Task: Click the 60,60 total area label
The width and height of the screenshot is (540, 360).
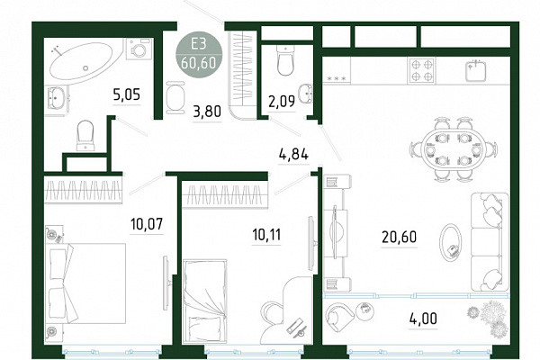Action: [x=199, y=63]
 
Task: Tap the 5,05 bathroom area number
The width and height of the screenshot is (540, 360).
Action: [x=127, y=94]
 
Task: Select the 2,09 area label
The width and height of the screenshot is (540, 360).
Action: [x=282, y=102]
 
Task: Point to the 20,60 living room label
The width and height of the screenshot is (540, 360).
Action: [x=400, y=237]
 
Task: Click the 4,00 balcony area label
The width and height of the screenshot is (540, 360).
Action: [x=423, y=319]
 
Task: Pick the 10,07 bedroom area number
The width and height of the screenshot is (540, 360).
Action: [x=147, y=224]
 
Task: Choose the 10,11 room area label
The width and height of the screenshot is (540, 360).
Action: [x=267, y=235]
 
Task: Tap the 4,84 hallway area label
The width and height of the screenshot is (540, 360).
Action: [x=293, y=154]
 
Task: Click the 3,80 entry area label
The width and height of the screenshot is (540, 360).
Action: [x=207, y=112]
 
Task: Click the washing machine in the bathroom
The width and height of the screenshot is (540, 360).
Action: [x=139, y=49]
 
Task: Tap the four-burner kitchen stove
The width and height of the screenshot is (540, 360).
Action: [x=421, y=70]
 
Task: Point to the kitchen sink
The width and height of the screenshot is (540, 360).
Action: [x=475, y=71]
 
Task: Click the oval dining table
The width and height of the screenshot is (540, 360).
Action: [x=454, y=150]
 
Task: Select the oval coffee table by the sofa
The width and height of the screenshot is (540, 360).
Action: [x=450, y=243]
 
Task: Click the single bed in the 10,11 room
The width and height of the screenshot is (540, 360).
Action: [x=205, y=301]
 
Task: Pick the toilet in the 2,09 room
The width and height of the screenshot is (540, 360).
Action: [x=285, y=61]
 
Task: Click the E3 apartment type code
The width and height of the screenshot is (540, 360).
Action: [x=199, y=44]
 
